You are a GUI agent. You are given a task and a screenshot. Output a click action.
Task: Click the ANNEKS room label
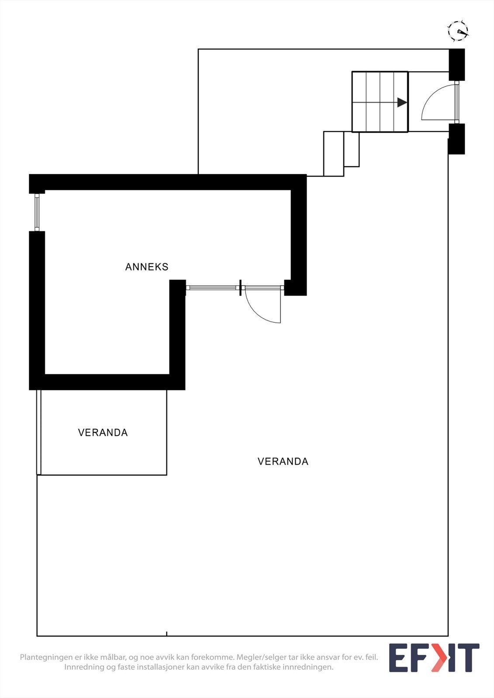147,267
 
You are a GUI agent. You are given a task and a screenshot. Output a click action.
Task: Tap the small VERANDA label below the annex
103,433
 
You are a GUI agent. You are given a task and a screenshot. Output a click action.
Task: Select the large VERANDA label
283,462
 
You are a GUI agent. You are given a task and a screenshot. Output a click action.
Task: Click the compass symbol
457,31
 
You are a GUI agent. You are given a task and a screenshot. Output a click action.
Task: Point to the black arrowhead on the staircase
402,103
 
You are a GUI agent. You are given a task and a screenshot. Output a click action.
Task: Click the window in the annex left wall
37,212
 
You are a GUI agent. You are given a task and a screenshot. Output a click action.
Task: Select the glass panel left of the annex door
212,287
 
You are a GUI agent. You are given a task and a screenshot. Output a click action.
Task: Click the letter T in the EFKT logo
469,658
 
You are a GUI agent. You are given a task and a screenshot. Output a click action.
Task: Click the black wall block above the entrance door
457,65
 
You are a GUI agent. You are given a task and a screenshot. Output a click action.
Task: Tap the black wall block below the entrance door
457,139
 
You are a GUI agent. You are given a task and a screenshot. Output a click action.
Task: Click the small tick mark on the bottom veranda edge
166,634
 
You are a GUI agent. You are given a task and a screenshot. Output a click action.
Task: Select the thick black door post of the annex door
240,287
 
